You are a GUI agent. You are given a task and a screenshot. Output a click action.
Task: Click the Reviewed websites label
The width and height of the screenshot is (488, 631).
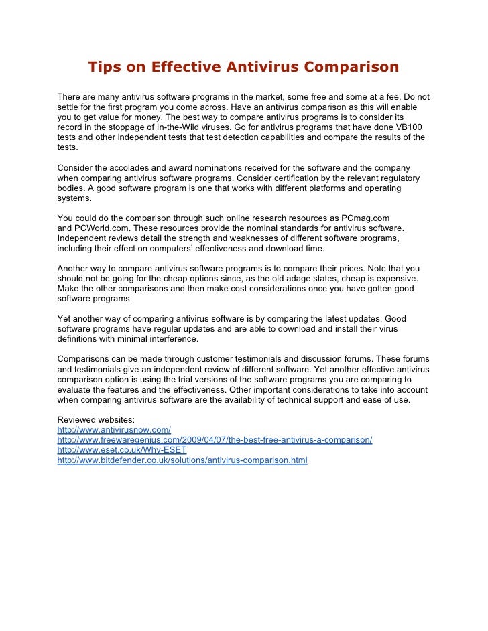pyautogui.click(x=95, y=420)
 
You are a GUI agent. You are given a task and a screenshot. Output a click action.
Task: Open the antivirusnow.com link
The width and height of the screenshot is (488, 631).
pyautogui.click(x=115, y=430)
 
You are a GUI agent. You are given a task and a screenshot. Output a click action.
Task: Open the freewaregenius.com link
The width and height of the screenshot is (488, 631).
pyautogui.click(x=215, y=440)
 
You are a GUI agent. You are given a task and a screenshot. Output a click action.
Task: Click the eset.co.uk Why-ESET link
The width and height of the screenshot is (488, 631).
pyautogui.click(x=122, y=450)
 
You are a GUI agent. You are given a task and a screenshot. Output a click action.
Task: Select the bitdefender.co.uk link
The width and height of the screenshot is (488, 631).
pyautogui.click(x=182, y=460)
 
